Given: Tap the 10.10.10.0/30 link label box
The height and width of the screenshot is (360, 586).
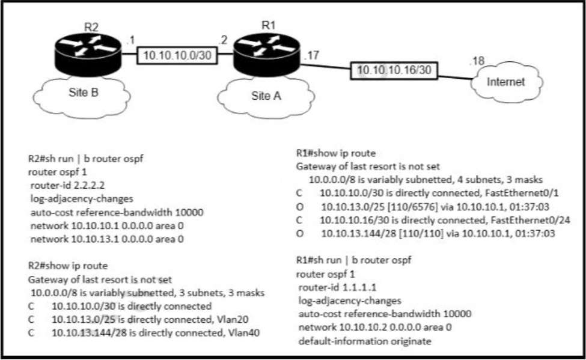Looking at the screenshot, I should tap(177, 55).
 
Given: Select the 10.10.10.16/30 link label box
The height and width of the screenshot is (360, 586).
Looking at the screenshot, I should tap(394, 71).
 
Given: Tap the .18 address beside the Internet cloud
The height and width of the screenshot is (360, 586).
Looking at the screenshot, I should tap(478, 61).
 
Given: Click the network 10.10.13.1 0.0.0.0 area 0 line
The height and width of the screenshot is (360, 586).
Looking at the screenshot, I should tap(106, 239).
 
